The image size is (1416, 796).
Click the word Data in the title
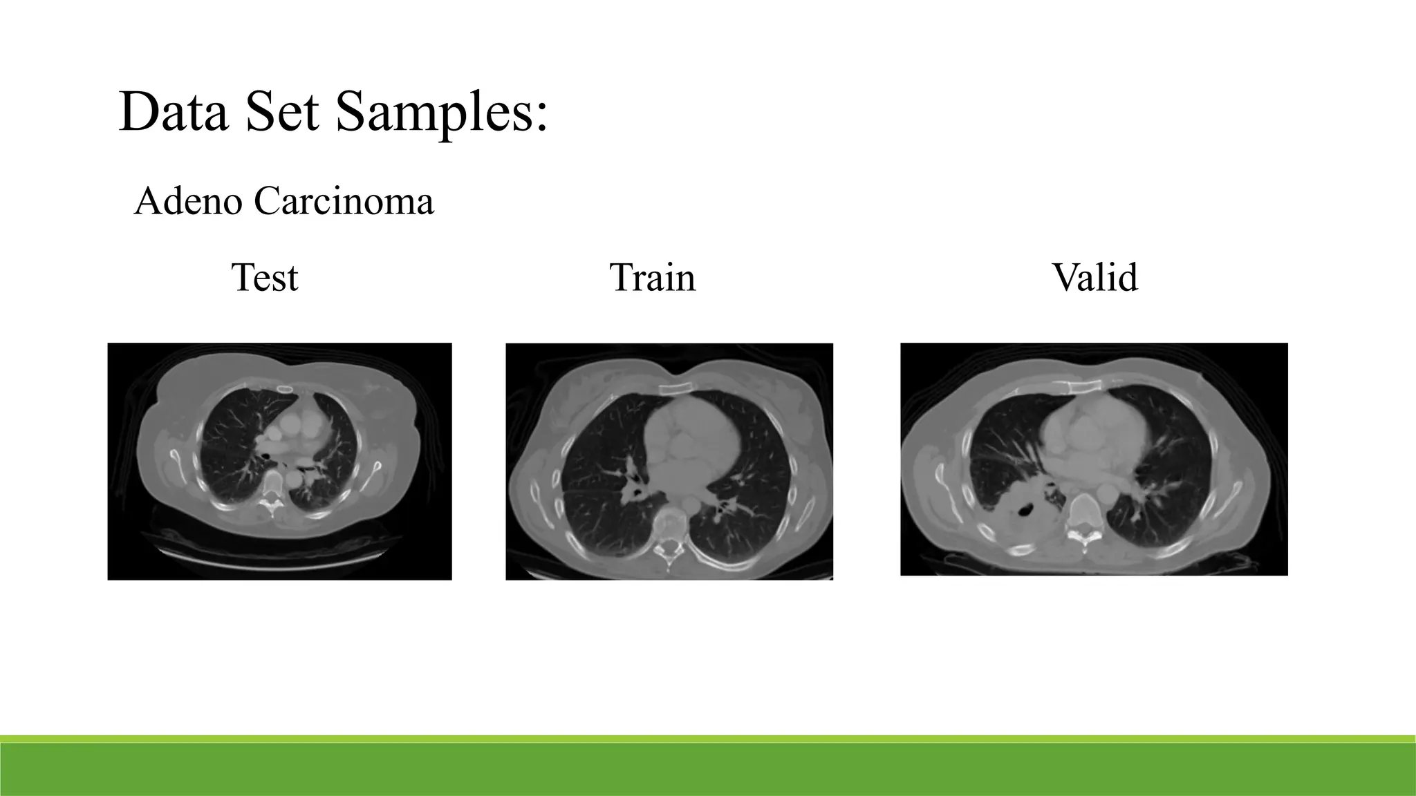pos(173,112)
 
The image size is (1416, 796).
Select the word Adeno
pos(188,202)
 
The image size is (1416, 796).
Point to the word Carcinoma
pos(344,202)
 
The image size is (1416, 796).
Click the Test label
pos(265,278)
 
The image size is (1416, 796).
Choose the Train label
pos(653,278)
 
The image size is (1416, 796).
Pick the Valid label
pos(1094,278)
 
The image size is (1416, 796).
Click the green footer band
pos(708,768)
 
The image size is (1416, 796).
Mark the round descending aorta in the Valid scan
pos(1106,493)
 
